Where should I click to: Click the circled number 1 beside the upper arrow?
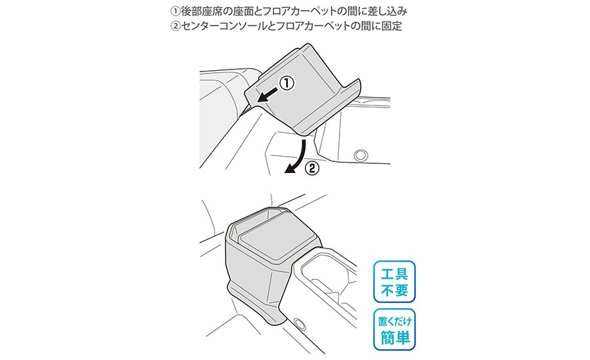click(x=286, y=83)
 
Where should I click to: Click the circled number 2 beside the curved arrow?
click(x=312, y=169)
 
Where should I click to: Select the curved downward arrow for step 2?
click(x=299, y=156)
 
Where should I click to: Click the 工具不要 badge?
click(x=395, y=281)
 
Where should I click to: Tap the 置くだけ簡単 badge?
click(x=395, y=329)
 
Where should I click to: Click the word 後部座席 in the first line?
click(x=201, y=11)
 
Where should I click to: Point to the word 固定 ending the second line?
click(x=392, y=26)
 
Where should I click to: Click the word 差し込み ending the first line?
click(x=387, y=11)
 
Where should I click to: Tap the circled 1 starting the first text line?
click(x=175, y=11)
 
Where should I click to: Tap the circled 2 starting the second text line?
click(x=175, y=26)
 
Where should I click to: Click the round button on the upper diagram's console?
click(x=361, y=154)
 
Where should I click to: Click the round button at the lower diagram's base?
click(x=300, y=323)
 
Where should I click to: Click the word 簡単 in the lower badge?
click(x=395, y=337)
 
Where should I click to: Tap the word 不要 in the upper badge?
click(x=395, y=290)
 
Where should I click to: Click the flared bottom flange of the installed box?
click(x=256, y=304)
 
